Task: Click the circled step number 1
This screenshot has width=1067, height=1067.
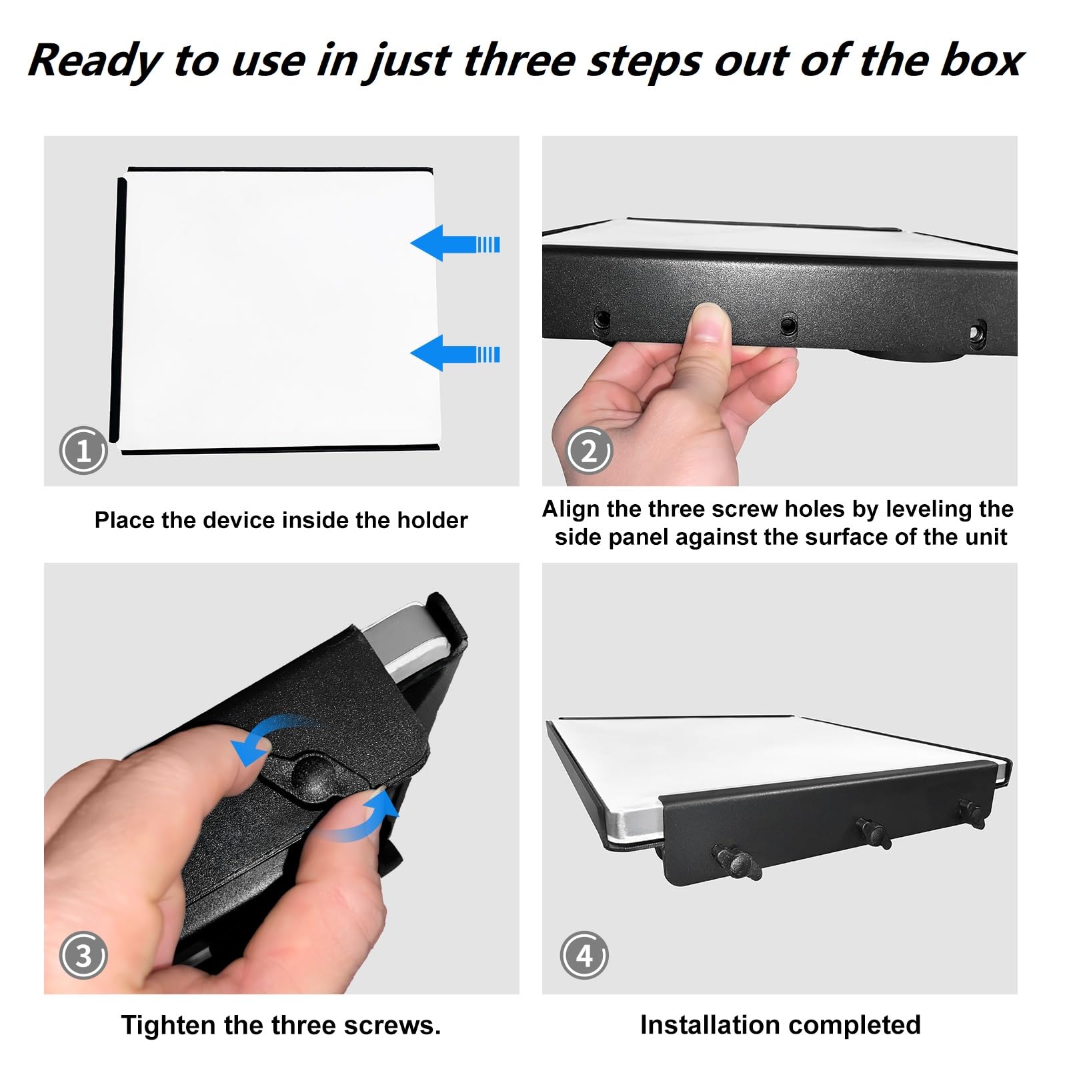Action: pos(83,451)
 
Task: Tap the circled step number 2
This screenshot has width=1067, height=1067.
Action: pos(589,451)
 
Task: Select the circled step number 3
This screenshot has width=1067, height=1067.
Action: pos(83,955)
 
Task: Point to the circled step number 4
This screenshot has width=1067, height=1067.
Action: pos(584,955)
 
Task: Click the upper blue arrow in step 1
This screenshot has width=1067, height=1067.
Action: pos(455,243)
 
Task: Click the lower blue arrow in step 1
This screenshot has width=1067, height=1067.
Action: pos(455,353)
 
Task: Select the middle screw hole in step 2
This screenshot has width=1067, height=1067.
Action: pos(788,326)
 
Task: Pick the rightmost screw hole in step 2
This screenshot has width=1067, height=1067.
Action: pos(977,331)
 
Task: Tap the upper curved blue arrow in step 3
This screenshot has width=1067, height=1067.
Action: pos(267,739)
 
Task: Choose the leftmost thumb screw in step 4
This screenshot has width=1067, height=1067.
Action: pos(736,862)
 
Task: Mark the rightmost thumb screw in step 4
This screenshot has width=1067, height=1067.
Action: pos(972,813)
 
